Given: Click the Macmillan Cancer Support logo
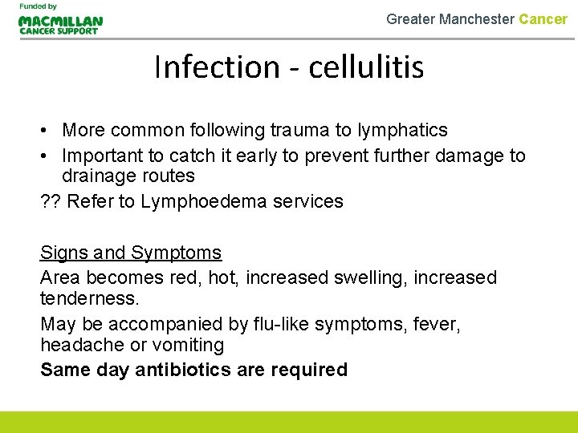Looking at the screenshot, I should [60, 24].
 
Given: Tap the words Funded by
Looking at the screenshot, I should [38, 6].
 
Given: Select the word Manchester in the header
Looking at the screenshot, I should [477, 18].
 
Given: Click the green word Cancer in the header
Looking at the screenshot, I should [543, 18].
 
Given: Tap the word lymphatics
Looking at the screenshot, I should [407, 130].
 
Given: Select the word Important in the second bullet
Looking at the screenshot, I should [100, 156].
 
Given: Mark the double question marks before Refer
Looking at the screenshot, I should [51, 201].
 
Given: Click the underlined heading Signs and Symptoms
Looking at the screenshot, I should [131, 253].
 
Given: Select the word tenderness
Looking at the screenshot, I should [89, 298].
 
